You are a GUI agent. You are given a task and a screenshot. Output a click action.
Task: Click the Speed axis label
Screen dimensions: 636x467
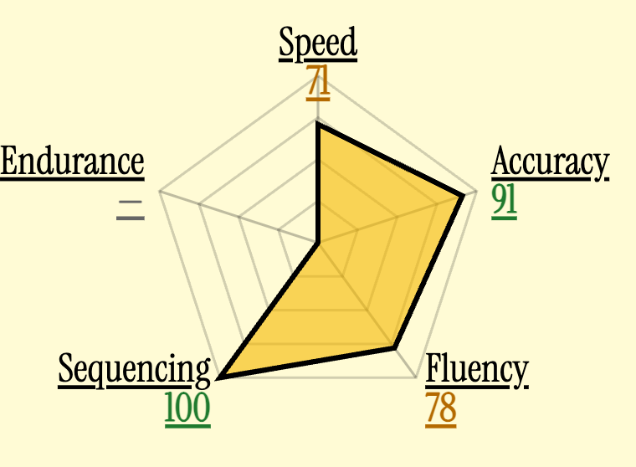(318, 43)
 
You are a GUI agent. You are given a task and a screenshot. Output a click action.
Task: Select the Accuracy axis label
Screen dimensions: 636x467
(550, 162)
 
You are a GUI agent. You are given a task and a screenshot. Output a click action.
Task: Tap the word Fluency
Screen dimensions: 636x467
(477, 370)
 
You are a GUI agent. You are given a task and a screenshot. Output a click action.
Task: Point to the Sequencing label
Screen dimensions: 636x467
(134, 370)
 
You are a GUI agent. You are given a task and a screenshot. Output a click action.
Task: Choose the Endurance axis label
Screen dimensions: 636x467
(72, 162)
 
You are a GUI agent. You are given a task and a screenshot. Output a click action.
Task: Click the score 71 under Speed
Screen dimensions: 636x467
(318, 82)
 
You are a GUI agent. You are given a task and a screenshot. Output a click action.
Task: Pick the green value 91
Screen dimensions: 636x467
(504, 202)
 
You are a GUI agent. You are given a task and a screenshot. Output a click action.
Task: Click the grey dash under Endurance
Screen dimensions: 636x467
(131, 210)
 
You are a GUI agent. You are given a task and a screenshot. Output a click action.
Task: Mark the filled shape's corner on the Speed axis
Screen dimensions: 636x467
(318, 126)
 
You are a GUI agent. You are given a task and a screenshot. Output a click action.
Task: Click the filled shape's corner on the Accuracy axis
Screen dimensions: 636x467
(463, 197)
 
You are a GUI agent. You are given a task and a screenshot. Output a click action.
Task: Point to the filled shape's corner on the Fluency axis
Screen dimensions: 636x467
(394, 347)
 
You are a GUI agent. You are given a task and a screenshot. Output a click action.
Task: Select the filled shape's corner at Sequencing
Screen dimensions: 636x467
(220, 378)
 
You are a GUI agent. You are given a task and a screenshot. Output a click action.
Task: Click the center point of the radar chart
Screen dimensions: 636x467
(318, 244)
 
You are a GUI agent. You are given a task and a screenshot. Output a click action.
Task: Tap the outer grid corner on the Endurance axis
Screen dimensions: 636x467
(160, 191)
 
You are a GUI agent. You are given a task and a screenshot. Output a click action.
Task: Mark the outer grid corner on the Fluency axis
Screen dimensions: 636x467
(417, 377)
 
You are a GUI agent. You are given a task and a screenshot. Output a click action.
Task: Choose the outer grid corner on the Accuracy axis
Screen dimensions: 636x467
(477, 191)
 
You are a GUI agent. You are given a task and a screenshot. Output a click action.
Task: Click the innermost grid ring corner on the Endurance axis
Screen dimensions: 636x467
(279, 230)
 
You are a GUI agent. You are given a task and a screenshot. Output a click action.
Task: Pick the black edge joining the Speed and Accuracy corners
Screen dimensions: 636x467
(391, 161)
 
